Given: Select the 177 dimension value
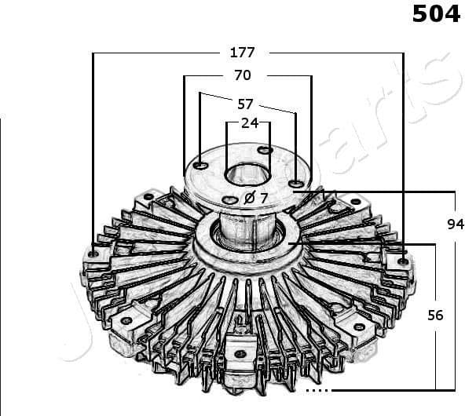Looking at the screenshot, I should pos(242,53).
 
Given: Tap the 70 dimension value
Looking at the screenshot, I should pos(242,75).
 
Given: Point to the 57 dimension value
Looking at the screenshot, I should pos(245,103).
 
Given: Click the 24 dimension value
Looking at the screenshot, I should pos(249,122).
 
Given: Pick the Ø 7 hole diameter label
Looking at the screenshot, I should pos(256,198).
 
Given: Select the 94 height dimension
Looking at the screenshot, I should pos(456,224).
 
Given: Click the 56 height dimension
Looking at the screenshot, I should pos(435,315).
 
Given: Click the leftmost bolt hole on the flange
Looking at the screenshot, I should pos(201,166).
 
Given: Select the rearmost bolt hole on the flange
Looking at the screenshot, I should pos(265,149).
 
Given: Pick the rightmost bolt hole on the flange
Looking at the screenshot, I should pos(295,184).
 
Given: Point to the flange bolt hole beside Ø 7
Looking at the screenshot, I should pos(229,200).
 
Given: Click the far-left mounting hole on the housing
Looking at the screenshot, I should pos(93,254).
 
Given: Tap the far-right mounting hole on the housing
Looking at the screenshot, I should pos(402,261).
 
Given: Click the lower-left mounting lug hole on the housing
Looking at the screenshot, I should pos(126,321).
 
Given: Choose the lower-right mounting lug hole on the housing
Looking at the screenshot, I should pos(359,327).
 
